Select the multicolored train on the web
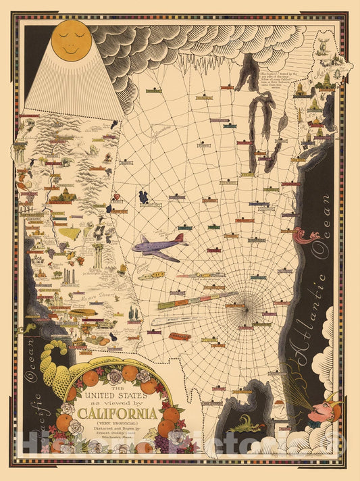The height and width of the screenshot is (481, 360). click(x=196, y=301)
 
